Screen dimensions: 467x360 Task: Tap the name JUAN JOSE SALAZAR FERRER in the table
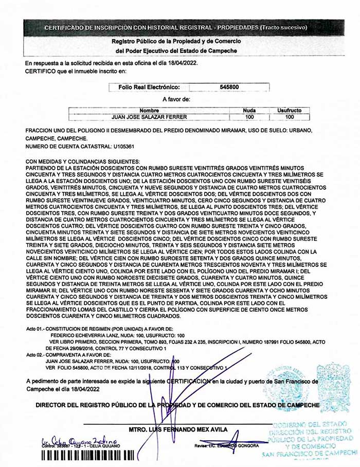tap(149, 117)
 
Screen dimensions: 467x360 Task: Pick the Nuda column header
tap(249, 111)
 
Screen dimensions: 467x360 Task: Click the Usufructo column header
tap(289, 111)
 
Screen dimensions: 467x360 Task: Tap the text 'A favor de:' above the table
tap(176, 99)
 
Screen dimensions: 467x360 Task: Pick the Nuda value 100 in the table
tap(249, 117)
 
